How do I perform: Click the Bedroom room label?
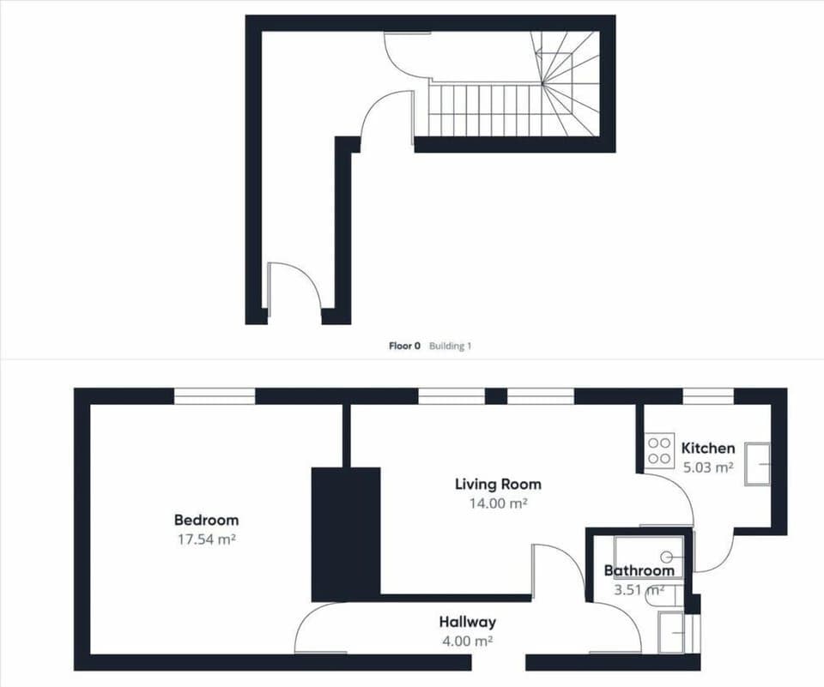[x=207, y=520]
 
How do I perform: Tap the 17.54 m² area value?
[x=207, y=539]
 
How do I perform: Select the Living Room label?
[x=498, y=484]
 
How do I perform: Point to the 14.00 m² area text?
[x=498, y=503]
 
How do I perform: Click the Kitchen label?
[x=708, y=448]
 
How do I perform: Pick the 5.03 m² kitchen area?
[x=708, y=467]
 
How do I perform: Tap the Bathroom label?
[x=639, y=570]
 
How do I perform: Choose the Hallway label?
[x=468, y=622]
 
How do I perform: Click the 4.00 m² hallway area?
[x=468, y=641]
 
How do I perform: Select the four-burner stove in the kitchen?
[x=659, y=450]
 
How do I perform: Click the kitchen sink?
[x=757, y=464]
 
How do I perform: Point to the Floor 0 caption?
[x=404, y=346]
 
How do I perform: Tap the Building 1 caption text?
[x=451, y=346]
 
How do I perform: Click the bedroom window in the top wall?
[x=215, y=396]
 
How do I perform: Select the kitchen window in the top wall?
[x=708, y=396]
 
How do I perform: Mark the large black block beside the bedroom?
[x=346, y=534]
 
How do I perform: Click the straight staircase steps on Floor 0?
[x=486, y=110]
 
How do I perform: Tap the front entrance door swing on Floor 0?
[x=294, y=289]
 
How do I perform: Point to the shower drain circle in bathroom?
[x=668, y=556]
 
